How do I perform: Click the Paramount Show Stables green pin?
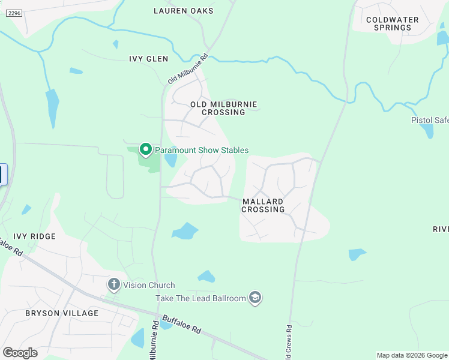point(145,149)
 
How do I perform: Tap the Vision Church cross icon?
point(114,284)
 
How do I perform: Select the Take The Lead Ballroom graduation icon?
point(255,298)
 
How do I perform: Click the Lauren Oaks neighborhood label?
point(183,11)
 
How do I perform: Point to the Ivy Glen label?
point(148,59)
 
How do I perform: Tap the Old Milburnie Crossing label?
point(223,109)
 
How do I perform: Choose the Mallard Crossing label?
point(263,206)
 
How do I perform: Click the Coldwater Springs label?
point(393,23)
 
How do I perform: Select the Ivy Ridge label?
point(34,236)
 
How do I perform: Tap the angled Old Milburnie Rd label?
point(187,68)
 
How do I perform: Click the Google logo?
point(20,352)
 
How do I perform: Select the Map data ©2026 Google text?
point(412,355)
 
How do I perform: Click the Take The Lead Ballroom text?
point(201,298)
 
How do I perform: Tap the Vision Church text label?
point(149,285)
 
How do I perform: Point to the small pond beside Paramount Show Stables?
point(170,160)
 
